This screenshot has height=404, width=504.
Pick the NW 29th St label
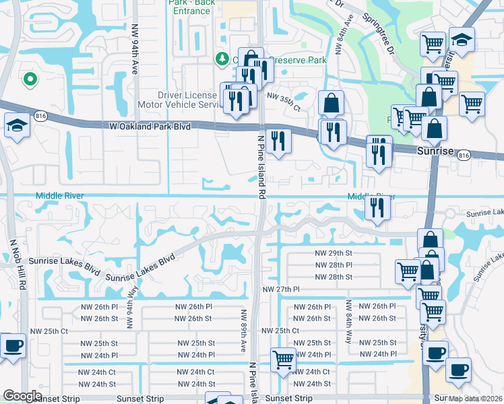[x=334, y=252]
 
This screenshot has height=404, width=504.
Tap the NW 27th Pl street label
[x=281, y=289]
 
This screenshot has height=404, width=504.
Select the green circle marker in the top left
[x=29, y=80]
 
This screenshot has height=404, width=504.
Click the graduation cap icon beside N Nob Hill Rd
[x=17, y=125]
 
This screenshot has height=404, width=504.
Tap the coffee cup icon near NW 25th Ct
[x=13, y=345]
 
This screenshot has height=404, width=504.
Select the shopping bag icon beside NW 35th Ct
[x=331, y=103]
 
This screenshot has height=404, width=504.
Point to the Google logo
[x=22, y=395]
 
